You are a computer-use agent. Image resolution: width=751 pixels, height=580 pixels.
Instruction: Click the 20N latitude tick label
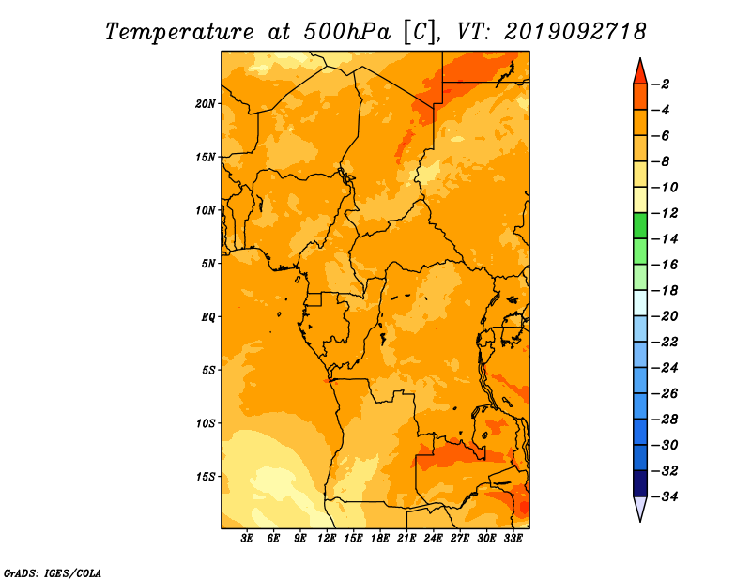click(x=206, y=104)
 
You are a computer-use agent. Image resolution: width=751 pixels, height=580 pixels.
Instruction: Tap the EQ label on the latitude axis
click(x=208, y=317)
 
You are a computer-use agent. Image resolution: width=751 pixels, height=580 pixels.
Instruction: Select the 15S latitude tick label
click(x=206, y=477)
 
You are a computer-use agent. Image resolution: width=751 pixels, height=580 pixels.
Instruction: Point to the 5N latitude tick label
click(x=208, y=264)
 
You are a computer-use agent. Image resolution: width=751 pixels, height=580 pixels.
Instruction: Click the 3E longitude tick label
click(x=247, y=539)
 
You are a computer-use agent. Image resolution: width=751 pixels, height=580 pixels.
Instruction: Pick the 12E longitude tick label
click(x=327, y=539)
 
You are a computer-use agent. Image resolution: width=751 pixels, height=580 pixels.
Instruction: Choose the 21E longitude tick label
click(x=406, y=539)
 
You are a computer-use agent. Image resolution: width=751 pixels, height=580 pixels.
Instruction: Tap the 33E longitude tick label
click(x=513, y=539)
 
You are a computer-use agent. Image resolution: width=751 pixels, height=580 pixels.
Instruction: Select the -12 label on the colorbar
click(x=666, y=213)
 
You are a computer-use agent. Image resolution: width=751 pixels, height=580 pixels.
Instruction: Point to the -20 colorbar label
click(x=666, y=316)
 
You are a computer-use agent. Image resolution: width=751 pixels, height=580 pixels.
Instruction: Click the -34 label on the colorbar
click(x=666, y=496)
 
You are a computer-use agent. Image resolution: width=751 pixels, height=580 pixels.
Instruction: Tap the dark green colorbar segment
click(x=640, y=226)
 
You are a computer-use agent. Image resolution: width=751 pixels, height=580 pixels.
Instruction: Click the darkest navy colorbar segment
click(x=640, y=483)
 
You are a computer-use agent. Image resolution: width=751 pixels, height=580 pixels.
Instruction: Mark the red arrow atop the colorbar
click(x=640, y=71)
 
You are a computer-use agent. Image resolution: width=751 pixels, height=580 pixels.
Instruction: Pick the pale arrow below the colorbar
click(x=640, y=509)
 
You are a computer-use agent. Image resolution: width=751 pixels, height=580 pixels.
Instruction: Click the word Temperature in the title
click(x=179, y=32)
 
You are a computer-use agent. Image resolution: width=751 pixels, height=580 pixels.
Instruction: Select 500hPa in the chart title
click(x=347, y=32)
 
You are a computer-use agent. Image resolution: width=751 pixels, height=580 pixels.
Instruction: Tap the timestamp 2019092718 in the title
click(x=575, y=32)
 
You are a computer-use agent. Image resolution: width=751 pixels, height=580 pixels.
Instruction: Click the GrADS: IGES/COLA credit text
click(x=53, y=573)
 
